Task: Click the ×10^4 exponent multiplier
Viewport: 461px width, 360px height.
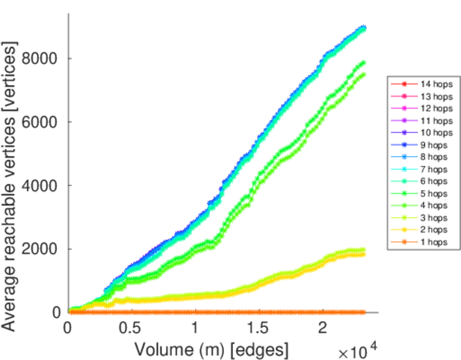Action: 359,351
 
